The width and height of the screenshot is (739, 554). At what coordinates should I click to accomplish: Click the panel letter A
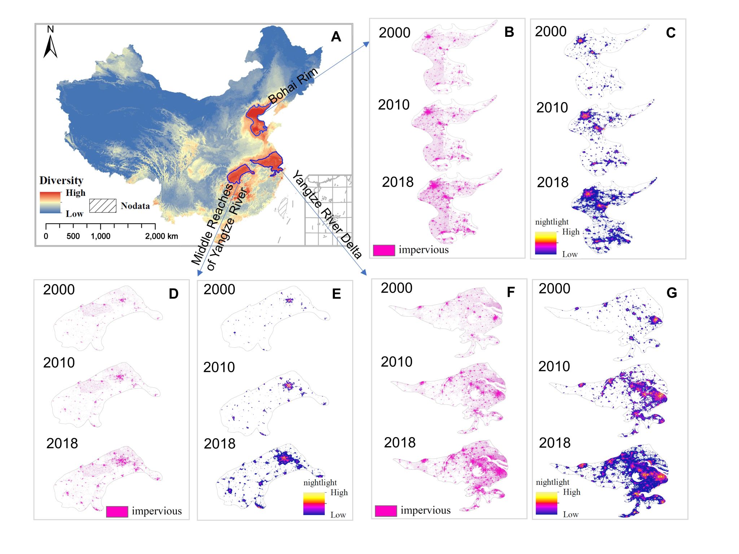[x=336, y=37]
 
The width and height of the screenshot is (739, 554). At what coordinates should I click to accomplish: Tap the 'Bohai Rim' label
[x=293, y=85]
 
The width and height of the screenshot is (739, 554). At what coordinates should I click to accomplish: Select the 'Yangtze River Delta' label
[x=327, y=215]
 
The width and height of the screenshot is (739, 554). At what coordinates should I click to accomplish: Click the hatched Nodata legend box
[x=102, y=206]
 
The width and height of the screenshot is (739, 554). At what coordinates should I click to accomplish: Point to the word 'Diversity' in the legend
[x=61, y=180]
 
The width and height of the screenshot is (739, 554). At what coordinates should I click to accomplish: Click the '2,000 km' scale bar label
[x=161, y=236]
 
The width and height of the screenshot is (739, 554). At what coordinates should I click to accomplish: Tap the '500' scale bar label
[x=73, y=236]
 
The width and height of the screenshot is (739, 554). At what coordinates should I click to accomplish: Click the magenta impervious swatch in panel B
[x=384, y=250]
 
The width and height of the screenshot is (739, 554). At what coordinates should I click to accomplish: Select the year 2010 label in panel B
[x=394, y=105]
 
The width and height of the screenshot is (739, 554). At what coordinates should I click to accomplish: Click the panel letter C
[x=670, y=33]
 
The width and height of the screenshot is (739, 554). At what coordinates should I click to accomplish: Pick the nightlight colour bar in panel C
[x=546, y=243]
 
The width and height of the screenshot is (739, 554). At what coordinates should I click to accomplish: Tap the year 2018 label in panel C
[x=552, y=183]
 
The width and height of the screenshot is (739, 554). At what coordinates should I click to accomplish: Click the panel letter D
[x=174, y=294]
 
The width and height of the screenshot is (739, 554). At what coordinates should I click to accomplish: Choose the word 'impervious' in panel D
[x=157, y=511]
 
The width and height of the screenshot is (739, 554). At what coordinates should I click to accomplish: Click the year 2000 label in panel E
[x=219, y=290]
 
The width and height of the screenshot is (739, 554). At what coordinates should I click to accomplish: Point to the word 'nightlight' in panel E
[x=320, y=483]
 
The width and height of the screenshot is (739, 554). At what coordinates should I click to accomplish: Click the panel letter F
[x=511, y=292]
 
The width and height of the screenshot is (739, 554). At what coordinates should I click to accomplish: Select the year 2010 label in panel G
[x=554, y=366]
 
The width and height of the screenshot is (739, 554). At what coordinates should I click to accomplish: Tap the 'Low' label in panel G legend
[x=570, y=515]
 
